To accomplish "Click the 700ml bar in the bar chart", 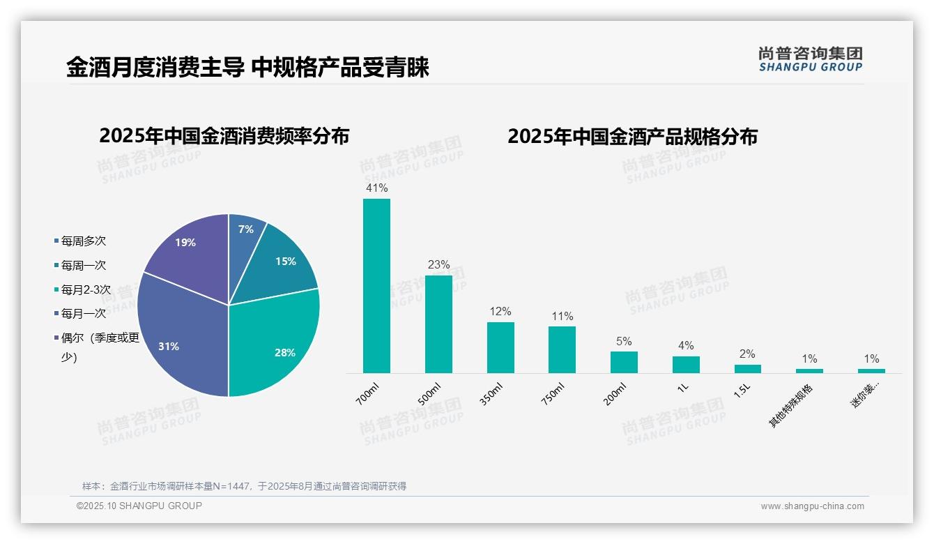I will (376, 286).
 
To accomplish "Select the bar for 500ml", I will (438, 324).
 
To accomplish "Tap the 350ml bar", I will (500, 347).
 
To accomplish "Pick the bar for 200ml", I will (624, 362).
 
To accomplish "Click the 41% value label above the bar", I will (376, 188).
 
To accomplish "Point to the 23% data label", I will (438, 265).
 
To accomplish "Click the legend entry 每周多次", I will (83, 241).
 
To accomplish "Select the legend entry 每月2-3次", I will (86, 289).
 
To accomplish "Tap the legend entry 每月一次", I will (83, 314).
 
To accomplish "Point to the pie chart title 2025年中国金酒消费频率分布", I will (224, 136).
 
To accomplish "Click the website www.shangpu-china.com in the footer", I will (812, 506).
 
